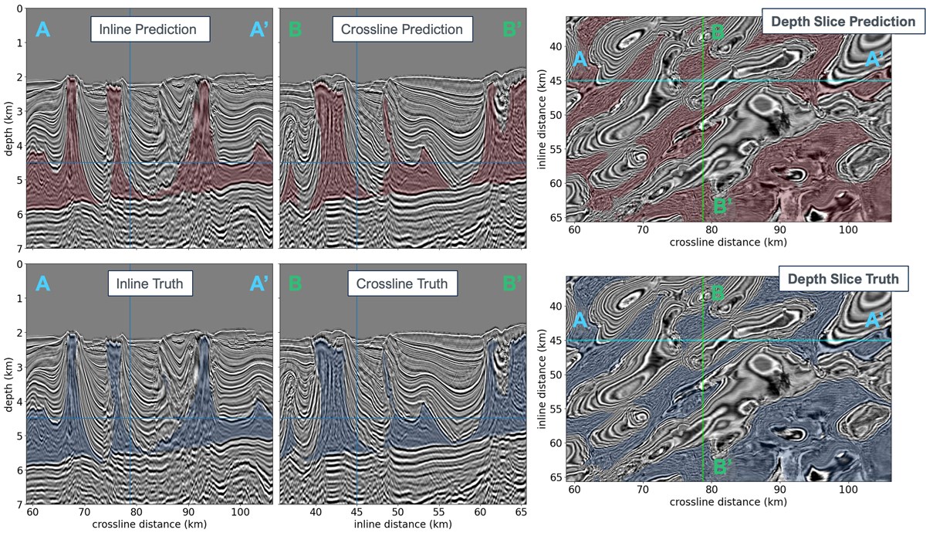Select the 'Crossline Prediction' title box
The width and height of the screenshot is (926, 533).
coord(402,30)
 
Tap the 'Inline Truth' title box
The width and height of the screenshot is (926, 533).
coord(150,283)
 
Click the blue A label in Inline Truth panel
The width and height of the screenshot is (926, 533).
coord(43,283)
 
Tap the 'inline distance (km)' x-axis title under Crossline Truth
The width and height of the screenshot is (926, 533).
coord(402,525)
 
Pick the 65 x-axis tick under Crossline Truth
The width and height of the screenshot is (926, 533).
coord(521,512)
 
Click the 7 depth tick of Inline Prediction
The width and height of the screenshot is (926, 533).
coord(17,248)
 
